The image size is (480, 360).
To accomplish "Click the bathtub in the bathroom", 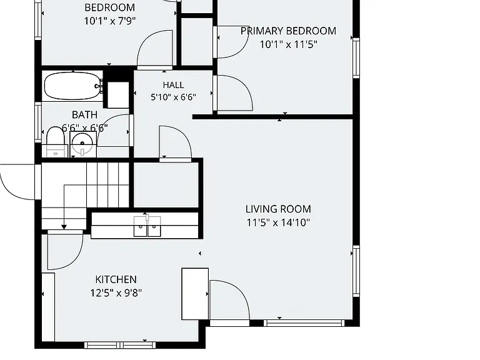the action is tap(74, 86).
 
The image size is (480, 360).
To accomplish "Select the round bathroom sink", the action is tap(82, 144).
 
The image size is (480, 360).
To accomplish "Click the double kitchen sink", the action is tap(147, 226).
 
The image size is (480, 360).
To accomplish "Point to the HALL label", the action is tap(173, 85).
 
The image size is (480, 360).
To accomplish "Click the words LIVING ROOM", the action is tap(278, 209).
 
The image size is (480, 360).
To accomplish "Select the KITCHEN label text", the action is tap(116, 279).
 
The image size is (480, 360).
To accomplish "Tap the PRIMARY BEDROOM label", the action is tap(288, 31).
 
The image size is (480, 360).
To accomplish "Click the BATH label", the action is tap(84, 115).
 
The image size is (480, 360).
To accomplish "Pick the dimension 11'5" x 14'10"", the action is tap(278, 222).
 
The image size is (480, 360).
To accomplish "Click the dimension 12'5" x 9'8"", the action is tap(116, 293).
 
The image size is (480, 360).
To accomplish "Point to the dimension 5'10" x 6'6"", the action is tap(173, 97).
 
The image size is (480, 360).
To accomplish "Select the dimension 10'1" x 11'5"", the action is tap(288, 44).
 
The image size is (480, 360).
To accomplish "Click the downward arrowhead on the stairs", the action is tap(64, 227).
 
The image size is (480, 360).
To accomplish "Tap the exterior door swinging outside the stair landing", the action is tap(17, 182).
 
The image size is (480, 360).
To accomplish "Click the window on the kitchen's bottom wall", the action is tap(120, 345).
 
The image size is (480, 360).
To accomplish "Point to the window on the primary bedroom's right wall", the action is tap(356, 58).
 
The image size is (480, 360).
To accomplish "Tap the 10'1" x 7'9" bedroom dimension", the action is tap(110, 21).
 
